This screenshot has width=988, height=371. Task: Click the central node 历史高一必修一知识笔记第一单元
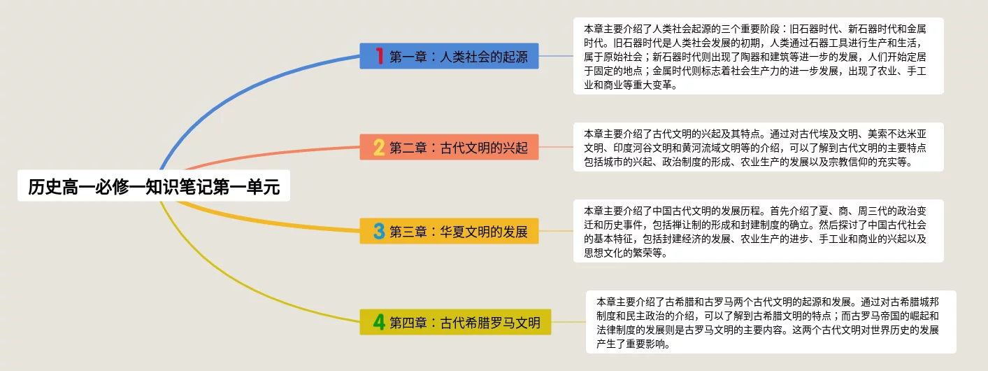[154, 185]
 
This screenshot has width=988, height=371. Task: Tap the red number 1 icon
[379, 56]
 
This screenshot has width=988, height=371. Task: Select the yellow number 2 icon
[379, 147]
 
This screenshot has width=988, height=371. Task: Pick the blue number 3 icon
[379, 231]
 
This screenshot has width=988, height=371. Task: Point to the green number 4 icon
[379, 322]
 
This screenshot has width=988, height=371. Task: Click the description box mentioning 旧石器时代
[758, 56]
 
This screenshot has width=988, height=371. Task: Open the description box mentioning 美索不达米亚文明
[758, 147]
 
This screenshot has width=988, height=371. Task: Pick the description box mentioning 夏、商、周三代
[758, 231]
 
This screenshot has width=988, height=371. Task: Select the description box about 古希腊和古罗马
[771, 322]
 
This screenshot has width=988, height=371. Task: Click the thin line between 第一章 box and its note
[556, 56]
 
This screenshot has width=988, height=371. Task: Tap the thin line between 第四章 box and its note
[568, 322]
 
